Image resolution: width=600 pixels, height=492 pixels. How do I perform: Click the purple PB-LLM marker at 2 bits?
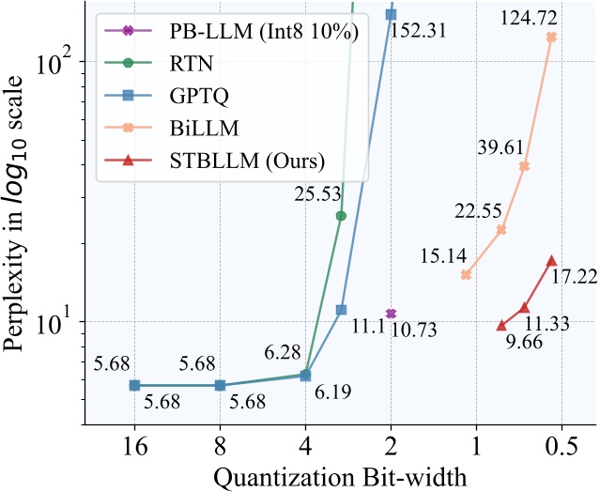391,313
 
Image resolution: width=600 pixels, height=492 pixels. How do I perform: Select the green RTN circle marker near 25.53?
341,216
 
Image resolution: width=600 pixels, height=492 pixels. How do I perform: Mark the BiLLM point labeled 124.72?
551,38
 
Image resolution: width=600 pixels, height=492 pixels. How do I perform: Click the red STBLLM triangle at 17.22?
551,260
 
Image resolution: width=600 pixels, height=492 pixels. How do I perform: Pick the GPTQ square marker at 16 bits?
134,385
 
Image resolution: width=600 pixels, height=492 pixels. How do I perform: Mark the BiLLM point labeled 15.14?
466,274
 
